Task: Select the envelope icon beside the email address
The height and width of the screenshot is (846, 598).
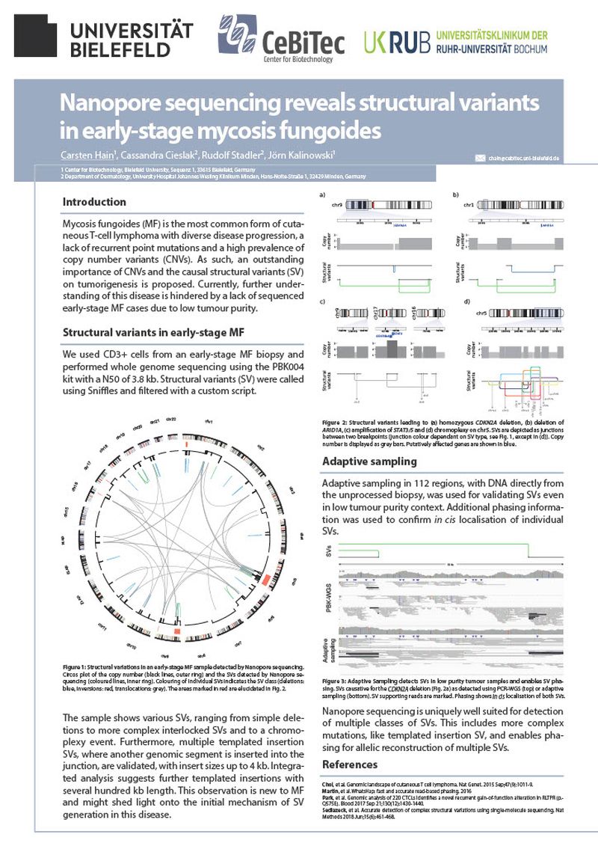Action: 480,158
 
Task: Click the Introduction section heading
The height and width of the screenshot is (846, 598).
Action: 94,202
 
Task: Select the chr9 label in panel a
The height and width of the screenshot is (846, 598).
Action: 336,204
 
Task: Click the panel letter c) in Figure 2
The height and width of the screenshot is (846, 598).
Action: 321,301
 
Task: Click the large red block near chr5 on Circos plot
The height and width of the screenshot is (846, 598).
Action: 177,633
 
